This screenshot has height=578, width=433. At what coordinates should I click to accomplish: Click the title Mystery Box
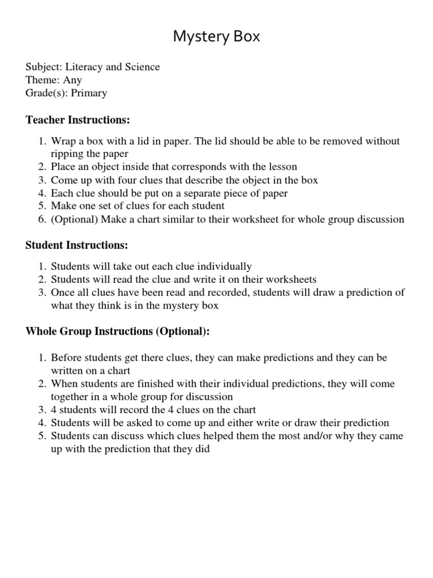click(216, 37)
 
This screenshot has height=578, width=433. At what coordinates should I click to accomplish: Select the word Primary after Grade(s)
click(89, 93)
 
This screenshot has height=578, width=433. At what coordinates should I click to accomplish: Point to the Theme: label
click(43, 80)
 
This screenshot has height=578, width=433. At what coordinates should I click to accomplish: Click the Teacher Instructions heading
click(78, 120)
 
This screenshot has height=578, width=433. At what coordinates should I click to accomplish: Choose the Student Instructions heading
click(77, 246)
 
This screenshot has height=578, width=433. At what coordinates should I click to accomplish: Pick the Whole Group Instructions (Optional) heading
click(117, 331)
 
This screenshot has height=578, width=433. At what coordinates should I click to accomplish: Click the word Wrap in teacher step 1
click(63, 141)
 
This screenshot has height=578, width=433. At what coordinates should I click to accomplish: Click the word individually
click(224, 266)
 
